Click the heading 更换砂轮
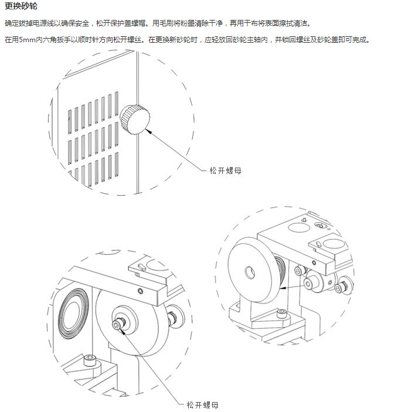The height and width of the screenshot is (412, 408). pos(21,7)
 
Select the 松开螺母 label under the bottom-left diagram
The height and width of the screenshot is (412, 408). pos(203,404)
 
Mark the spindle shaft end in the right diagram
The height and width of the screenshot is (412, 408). pos(308,284)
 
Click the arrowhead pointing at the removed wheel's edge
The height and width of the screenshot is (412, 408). pos(281,288)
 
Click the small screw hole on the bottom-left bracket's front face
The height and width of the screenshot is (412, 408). pos(140,291)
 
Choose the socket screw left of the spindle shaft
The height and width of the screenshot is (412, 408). pos(300,271)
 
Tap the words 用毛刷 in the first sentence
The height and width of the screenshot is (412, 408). pos(161,23)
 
